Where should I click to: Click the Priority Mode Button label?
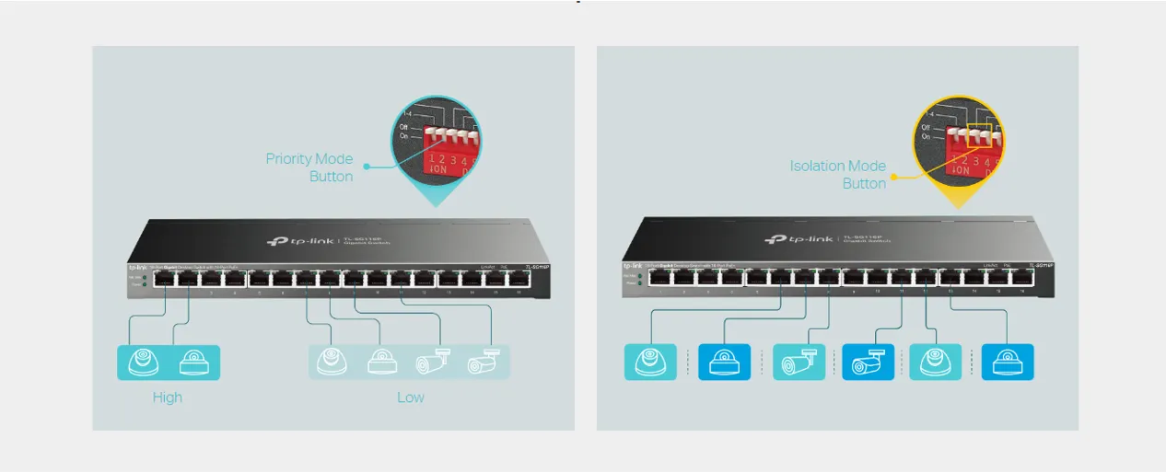pos(309,167)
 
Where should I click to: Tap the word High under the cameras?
pos(168,397)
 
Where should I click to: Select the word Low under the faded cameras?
pos(411,397)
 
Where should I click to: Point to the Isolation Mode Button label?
pos(837,175)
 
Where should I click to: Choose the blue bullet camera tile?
pos(868,362)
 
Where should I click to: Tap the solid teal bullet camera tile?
pos(798,362)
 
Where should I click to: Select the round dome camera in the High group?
pos(143,362)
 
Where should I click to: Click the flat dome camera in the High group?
pos(194,362)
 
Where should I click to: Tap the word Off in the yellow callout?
pos(925,127)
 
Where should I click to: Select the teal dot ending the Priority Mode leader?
pos(366,167)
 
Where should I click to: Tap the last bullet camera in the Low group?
pos(481,362)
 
